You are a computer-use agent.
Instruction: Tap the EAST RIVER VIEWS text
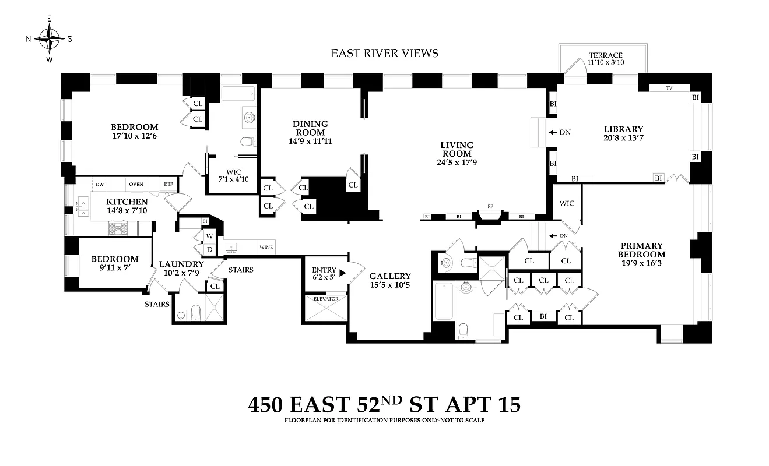click(384, 54)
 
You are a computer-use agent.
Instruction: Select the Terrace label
click(605, 59)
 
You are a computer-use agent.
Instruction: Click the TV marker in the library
click(669, 89)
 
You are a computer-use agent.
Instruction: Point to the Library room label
click(623, 133)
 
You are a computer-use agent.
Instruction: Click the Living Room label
click(457, 153)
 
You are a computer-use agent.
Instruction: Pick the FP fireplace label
click(490, 206)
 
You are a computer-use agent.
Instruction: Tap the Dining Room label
click(310, 132)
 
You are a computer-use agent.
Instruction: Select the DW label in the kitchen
click(100, 184)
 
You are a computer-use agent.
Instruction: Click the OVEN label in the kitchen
click(136, 184)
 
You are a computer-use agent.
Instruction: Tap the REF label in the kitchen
click(168, 184)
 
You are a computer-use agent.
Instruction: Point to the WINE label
click(266, 248)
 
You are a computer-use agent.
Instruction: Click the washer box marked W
click(209, 236)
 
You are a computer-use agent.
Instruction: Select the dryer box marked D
click(209, 250)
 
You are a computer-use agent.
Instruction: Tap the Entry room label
click(324, 274)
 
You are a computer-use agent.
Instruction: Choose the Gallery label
click(389, 281)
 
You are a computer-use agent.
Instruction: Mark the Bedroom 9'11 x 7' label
click(114, 263)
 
